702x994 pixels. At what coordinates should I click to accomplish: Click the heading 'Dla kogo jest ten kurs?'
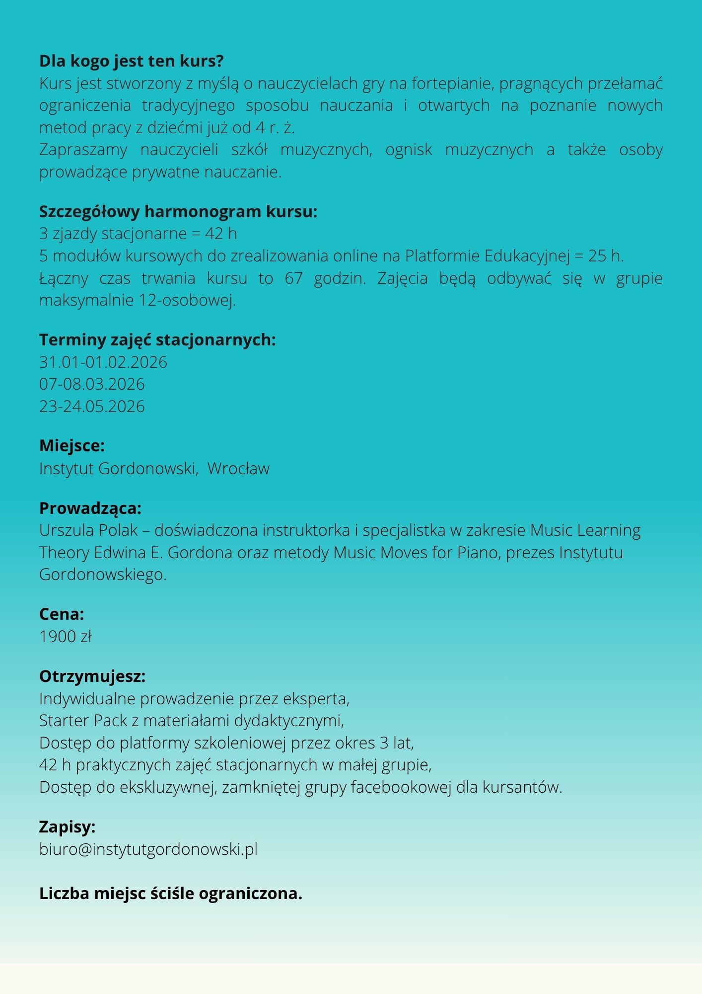click(131, 61)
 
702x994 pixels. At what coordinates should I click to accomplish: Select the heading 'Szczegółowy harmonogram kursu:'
click(178, 212)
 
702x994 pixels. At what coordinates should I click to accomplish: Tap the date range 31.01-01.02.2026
click(103, 362)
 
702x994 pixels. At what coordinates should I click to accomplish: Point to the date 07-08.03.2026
click(92, 384)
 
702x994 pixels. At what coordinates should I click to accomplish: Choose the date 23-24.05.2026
click(92, 407)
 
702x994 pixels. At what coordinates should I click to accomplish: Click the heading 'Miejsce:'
click(72, 446)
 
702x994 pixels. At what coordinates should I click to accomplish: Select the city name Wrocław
click(238, 469)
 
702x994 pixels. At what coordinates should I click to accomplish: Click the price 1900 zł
click(66, 637)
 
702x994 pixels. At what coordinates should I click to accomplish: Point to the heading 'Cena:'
click(62, 614)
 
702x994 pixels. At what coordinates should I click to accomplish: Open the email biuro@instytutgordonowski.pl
click(148, 849)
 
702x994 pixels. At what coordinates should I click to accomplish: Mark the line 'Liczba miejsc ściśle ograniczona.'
click(171, 894)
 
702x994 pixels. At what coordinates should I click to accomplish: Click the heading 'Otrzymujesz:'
click(92, 676)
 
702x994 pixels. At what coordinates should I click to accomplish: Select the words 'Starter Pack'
click(83, 721)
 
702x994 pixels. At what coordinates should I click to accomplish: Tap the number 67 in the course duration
click(293, 278)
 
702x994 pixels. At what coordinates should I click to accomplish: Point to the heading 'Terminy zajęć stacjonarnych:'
click(157, 340)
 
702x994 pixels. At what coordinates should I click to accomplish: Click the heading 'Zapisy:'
click(67, 827)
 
